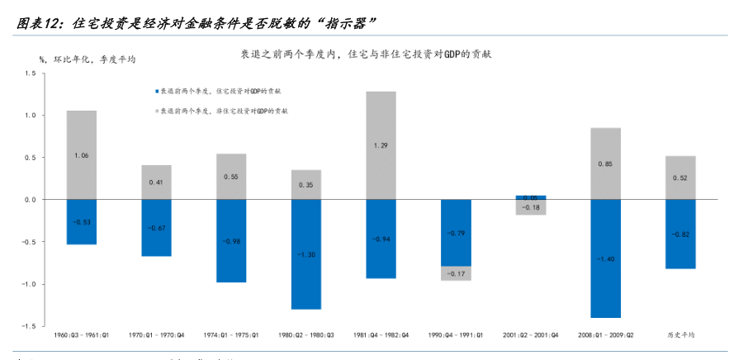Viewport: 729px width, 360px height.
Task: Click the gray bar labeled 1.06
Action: click(x=81, y=154)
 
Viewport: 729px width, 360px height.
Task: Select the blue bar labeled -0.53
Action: click(x=81, y=221)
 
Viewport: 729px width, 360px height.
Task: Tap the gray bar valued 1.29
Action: click(x=381, y=144)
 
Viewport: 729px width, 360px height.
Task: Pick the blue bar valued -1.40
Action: click(x=606, y=258)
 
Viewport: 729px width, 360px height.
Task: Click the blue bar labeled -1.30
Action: click(x=305, y=254)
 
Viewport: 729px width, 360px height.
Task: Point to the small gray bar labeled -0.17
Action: click(x=456, y=273)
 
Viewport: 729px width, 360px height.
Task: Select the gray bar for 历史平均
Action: click(x=680, y=178)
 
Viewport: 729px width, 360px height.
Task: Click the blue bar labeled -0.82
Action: click(x=680, y=234)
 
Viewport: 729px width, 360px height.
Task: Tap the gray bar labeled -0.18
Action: click(x=531, y=207)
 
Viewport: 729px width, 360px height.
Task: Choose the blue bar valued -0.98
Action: click(x=230, y=240)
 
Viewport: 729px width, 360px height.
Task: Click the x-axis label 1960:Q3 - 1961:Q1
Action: click(x=81, y=334)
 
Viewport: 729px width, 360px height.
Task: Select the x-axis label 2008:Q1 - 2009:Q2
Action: click(x=606, y=334)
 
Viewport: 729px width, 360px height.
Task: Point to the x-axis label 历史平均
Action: click(x=680, y=334)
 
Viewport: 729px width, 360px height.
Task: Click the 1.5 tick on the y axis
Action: click(x=30, y=73)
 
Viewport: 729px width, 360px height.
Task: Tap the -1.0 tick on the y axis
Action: click(x=28, y=284)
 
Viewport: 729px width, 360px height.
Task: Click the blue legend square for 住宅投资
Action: click(x=156, y=92)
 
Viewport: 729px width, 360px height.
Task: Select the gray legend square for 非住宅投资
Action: click(x=156, y=110)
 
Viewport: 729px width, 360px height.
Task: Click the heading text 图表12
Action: click(x=38, y=23)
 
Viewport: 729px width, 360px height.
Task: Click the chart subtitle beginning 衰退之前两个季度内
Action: click(x=366, y=54)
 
